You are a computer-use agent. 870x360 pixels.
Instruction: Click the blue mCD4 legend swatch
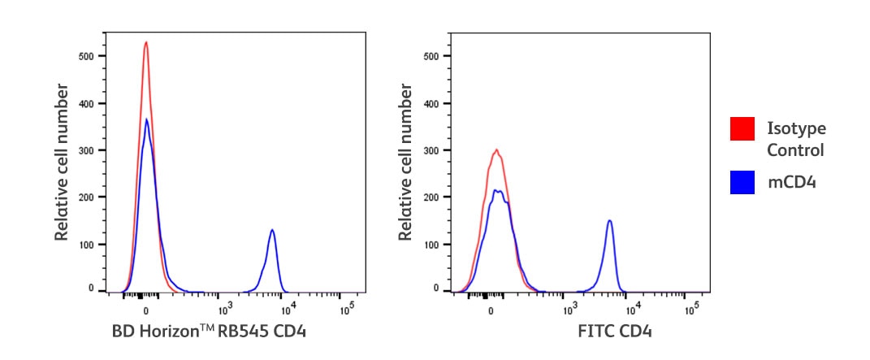(743, 182)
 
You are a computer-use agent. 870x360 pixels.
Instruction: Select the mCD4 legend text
(791, 182)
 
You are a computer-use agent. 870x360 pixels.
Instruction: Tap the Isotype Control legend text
(796, 139)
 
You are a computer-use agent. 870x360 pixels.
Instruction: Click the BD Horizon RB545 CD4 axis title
(209, 332)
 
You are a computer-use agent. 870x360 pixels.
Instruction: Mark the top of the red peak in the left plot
(145, 42)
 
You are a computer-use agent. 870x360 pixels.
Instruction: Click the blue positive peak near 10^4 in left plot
(272, 230)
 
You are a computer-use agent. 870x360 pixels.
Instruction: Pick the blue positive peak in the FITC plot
(608, 220)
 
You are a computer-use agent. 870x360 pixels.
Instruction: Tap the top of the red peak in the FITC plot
(496, 150)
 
